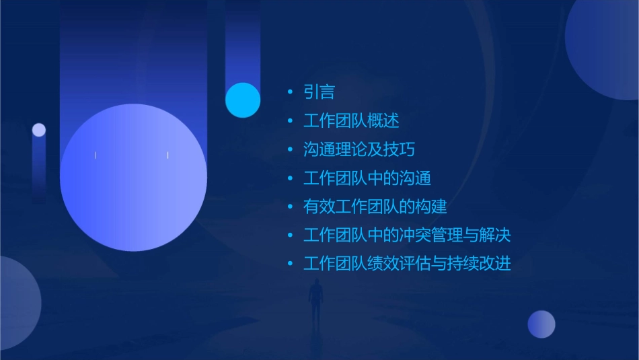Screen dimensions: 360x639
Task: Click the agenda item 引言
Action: point(319,92)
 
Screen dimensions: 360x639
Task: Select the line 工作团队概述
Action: point(351,121)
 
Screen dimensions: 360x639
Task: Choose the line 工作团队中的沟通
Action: point(367,178)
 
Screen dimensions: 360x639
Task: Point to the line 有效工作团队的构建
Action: point(375,207)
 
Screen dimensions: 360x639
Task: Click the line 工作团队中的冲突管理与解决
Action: point(407,236)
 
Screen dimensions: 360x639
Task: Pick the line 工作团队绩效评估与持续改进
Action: point(407,264)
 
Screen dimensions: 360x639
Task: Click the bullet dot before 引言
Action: point(290,92)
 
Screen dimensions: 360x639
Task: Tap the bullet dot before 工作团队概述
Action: point(290,121)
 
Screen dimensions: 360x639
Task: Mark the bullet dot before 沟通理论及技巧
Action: point(290,149)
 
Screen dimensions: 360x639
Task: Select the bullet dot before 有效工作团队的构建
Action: point(290,207)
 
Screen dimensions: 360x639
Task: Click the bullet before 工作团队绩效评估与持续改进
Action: point(290,264)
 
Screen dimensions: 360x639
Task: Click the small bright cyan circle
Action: point(243,100)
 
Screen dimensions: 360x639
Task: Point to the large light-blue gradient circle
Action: point(133,177)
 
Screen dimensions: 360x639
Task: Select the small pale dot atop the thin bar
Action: point(39,130)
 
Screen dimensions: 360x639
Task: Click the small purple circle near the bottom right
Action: point(541,324)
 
